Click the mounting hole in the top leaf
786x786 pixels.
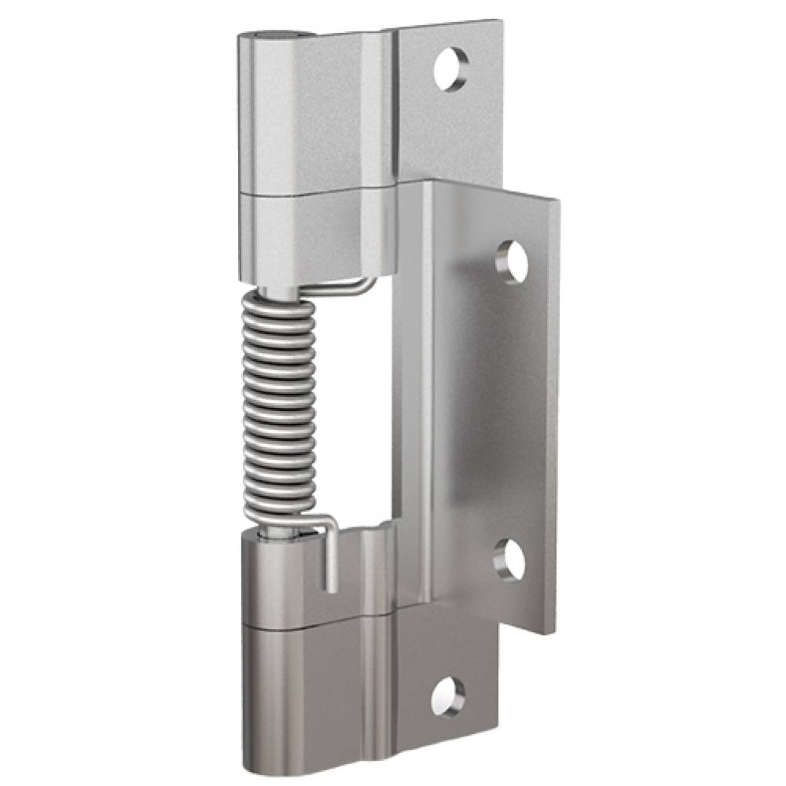pyautogui.click(x=451, y=69)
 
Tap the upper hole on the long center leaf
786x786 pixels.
pyautogui.click(x=512, y=261)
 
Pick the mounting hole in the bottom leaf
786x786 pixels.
pyautogui.click(x=448, y=696)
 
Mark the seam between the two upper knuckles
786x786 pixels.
pyautogui.click(x=314, y=191)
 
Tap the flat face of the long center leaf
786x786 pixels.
pyautogui.click(x=487, y=409)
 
